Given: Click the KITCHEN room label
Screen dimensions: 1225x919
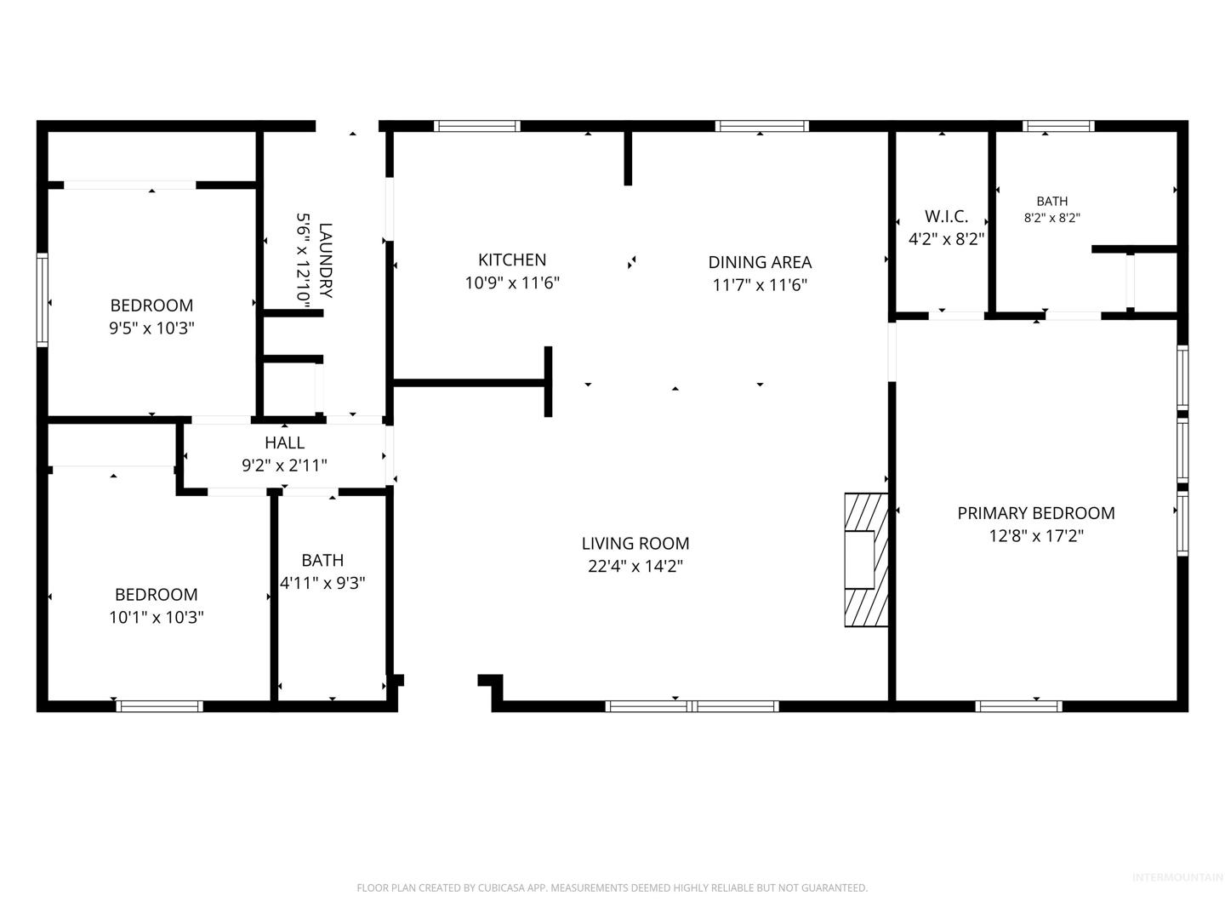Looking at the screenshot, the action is [512, 260].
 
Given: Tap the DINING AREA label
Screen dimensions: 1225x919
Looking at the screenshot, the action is [760, 262].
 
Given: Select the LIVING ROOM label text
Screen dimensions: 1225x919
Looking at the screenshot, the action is [635, 543].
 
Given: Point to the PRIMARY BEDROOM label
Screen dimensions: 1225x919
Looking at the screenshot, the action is [1036, 513].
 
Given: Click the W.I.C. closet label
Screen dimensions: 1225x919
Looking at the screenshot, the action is [946, 216].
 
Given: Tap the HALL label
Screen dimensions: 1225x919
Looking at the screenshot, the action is [285, 442].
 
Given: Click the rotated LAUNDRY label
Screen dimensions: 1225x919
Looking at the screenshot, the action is [325, 260].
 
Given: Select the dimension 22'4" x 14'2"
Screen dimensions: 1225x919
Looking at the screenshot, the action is [635, 567].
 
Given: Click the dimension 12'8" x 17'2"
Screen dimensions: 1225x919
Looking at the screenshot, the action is [1036, 536].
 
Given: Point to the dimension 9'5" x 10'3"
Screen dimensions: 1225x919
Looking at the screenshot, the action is [151, 328].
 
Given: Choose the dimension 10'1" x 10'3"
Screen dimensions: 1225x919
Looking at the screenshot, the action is [157, 617].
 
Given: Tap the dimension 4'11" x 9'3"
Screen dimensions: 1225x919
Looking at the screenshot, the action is [322, 583].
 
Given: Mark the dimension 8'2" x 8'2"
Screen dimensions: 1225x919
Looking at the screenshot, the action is [1052, 218].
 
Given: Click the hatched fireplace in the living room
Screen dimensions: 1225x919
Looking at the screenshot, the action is [866, 560].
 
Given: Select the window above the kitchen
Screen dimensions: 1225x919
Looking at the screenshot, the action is [476, 126].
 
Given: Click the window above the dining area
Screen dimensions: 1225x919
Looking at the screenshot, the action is [761, 126].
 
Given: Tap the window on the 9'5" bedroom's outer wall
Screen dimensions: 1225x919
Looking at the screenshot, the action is [43, 300].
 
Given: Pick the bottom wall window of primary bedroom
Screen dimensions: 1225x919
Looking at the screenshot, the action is [1018, 706].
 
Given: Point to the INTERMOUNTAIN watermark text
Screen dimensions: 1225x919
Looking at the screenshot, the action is [1177, 877].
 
